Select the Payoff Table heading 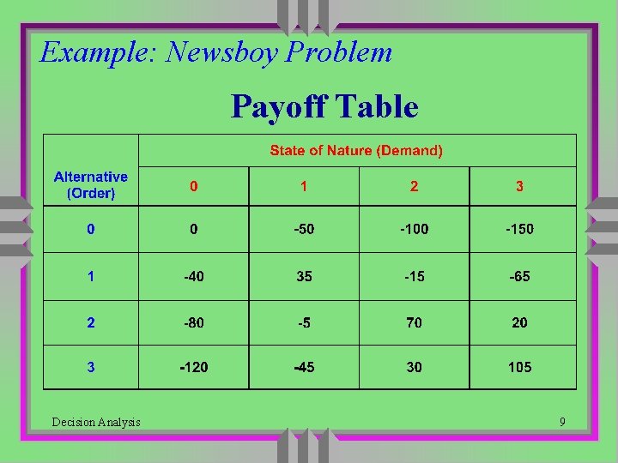pyautogui.click(x=324, y=107)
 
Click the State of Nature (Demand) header pyautogui.click(x=356, y=151)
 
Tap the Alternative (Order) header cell pyautogui.click(x=91, y=185)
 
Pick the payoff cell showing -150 pyautogui.click(x=519, y=229)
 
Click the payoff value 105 pyautogui.click(x=519, y=367)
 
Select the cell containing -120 pyautogui.click(x=193, y=367)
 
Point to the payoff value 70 pyautogui.click(x=414, y=322)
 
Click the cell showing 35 pyautogui.click(x=304, y=276)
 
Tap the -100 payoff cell pyautogui.click(x=414, y=229)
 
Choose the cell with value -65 pyautogui.click(x=519, y=276)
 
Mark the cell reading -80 pyautogui.click(x=193, y=322)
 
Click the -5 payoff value pyautogui.click(x=304, y=322)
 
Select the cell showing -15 pyautogui.click(x=414, y=276)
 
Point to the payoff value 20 pyautogui.click(x=519, y=322)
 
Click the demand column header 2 pyautogui.click(x=414, y=186)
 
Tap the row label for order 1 pyautogui.click(x=91, y=276)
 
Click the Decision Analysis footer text pyautogui.click(x=96, y=422)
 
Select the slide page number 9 pyautogui.click(x=562, y=422)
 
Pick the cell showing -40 pyautogui.click(x=193, y=276)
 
